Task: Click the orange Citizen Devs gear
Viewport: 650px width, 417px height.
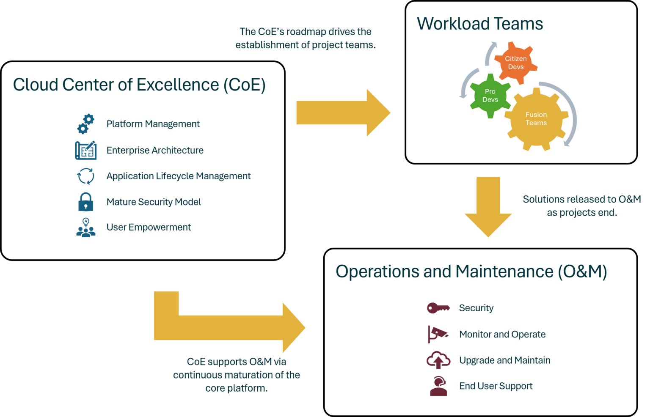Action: (516, 63)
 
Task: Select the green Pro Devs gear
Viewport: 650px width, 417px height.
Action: (490, 96)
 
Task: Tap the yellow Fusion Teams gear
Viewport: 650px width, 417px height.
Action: (536, 119)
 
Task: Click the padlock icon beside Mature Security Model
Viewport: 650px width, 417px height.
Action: (85, 202)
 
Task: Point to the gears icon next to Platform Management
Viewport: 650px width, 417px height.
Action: (86, 124)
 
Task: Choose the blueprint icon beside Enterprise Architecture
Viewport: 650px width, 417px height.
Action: (86, 150)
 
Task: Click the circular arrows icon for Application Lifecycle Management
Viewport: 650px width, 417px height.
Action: (86, 176)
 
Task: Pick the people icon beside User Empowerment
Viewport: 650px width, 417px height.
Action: (86, 228)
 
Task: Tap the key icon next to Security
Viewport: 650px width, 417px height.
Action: (438, 308)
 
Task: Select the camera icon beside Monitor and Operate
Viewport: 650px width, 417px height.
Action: (438, 334)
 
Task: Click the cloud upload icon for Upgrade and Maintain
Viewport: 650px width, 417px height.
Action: (438, 360)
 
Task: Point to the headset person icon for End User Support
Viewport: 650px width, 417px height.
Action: (438, 386)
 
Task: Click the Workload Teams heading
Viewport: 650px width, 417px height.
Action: (480, 24)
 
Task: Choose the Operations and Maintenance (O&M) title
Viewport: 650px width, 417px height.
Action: (471, 272)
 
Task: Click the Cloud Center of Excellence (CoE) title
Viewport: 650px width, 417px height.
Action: (139, 85)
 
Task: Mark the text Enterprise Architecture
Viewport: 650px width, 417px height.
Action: (155, 150)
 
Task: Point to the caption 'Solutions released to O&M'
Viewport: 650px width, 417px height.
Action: (582, 199)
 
